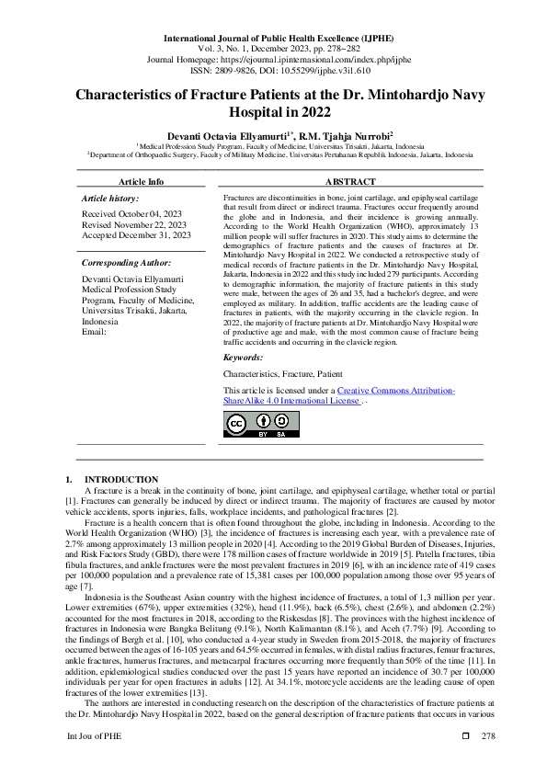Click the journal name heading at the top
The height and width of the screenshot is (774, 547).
(273, 38)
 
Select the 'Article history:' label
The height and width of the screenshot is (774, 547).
(110, 199)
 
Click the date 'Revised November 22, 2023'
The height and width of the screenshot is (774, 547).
(134, 224)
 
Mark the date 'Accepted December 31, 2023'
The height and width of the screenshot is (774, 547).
(136, 235)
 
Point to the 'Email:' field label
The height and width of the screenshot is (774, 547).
(95, 332)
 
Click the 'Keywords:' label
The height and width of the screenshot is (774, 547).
(244, 357)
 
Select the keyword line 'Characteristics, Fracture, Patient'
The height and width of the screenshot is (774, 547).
(283, 374)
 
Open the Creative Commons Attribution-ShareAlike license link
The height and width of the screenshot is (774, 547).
(338, 396)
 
